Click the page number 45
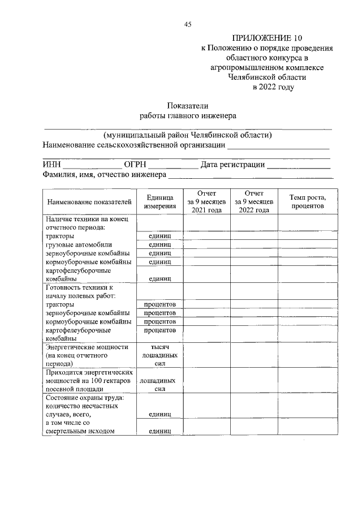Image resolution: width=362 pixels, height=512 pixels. pyautogui.click(x=188, y=24)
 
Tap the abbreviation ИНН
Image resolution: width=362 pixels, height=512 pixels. pyautogui.click(x=52, y=165)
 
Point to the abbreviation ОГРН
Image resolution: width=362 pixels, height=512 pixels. pyautogui.click(x=135, y=165)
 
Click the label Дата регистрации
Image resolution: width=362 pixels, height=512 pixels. pyautogui.click(x=232, y=165)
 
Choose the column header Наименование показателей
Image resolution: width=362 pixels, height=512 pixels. pyautogui.click(x=89, y=201)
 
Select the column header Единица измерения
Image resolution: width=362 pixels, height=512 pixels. pyautogui.click(x=159, y=201)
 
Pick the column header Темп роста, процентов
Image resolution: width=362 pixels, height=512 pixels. pyautogui.click(x=307, y=201)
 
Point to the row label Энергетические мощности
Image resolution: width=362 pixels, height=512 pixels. pyautogui.click(x=88, y=347)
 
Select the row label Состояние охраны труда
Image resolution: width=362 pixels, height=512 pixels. pyautogui.click(x=85, y=398)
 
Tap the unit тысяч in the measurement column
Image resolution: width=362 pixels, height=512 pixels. pyautogui.click(x=160, y=347)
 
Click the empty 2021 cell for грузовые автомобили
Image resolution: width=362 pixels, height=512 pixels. pyautogui.click(x=206, y=244)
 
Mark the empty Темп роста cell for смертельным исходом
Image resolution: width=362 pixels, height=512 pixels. pyautogui.click(x=307, y=431)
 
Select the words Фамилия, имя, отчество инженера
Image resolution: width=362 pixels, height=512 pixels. pyautogui.click(x=104, y=175)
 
